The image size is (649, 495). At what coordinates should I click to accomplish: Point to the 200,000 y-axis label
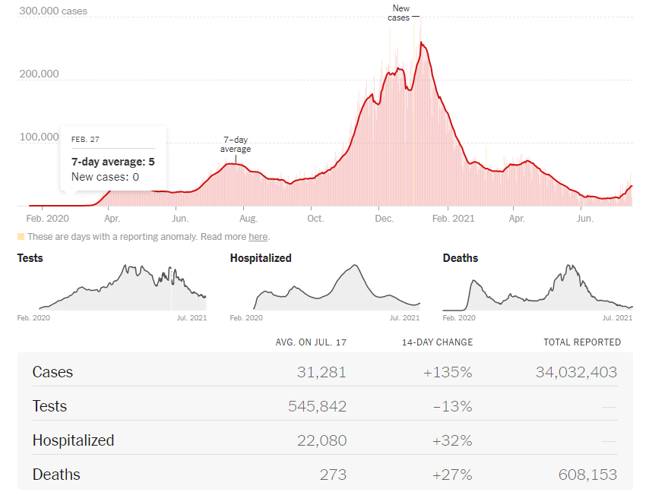[38, 74]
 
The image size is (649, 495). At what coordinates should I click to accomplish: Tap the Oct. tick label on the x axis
[315, 219]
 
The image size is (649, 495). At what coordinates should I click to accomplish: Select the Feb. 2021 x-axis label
[451, 219]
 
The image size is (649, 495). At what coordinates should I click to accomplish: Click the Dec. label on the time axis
[385, 219]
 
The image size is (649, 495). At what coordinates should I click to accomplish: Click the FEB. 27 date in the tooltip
[85, 140]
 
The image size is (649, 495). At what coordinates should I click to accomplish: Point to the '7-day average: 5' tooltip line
[113, 162]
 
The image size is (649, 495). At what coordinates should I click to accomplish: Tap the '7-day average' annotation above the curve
[236, 144]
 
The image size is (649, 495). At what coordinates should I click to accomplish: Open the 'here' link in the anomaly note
[258, 237]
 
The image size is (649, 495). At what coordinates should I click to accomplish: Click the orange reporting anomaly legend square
[21, 237]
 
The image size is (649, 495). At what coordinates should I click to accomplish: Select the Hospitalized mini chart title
[261, 258]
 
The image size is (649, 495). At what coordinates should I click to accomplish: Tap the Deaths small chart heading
[461, 258]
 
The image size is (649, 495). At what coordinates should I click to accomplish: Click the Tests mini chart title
[30, 258]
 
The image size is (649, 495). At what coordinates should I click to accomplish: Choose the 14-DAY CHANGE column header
[437, 342]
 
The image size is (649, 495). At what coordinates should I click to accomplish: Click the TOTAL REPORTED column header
[582, 342]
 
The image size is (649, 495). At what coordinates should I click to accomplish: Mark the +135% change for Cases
[451, 372]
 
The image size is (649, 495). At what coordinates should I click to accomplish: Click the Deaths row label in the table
[56, 475]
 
